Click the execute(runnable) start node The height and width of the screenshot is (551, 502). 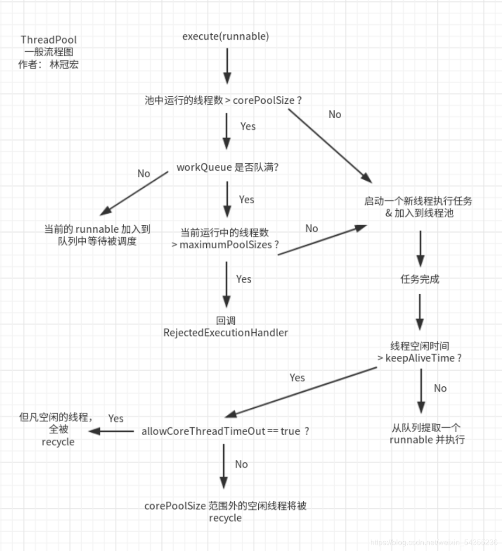pos(225,37)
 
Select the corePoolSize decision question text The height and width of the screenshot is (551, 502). pos(223,100)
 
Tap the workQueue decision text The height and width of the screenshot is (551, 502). pos(227,168)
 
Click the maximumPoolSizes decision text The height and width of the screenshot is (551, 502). pos(225,239)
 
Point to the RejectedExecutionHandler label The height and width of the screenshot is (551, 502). pos(225,333)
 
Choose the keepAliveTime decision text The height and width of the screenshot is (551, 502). pos(420,352)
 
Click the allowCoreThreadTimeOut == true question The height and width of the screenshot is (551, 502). pos(225,431)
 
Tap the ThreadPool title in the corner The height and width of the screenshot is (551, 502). pos(49,40)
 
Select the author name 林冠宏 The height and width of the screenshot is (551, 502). pos(64,65)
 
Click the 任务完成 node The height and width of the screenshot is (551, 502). pos(420,279)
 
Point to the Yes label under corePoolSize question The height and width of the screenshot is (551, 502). pos(248,127)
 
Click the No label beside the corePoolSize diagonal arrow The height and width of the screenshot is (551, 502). pos(335,115)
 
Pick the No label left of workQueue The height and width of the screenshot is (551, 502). pos(143,174)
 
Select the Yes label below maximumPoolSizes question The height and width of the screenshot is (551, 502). pos(244,279)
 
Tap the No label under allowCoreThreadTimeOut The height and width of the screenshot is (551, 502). pos(241,464)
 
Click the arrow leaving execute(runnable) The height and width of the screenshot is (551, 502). pos(227,66)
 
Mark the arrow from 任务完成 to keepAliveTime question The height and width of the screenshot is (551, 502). pos(420,312)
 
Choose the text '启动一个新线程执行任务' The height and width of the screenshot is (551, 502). pos(418,201)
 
